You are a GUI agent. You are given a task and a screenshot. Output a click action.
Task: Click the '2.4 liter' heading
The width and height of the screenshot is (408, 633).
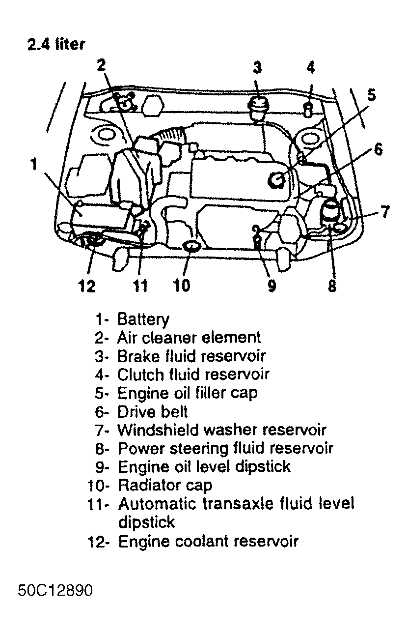point(56,44)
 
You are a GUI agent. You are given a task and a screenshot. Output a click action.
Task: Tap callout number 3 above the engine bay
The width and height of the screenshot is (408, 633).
point(257,67)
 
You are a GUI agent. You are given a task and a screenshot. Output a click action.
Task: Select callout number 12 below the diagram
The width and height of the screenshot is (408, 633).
point(87,285)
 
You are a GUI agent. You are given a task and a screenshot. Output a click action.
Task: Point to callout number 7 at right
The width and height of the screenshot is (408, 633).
point(385,212)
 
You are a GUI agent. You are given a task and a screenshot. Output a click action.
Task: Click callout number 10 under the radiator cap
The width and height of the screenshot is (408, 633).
point(182,285)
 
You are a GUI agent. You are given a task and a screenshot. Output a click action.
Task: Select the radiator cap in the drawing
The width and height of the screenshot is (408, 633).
point(191,247)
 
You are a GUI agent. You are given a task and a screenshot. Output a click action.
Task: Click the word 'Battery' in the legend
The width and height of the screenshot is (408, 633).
point(143,319)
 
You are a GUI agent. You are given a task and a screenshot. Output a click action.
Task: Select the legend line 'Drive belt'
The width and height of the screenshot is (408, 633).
point(152,411)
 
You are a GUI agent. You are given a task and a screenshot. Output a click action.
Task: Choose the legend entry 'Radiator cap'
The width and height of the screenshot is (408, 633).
point(165,486)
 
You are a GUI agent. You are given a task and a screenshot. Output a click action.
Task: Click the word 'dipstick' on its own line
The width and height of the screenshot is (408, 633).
point(146,521)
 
